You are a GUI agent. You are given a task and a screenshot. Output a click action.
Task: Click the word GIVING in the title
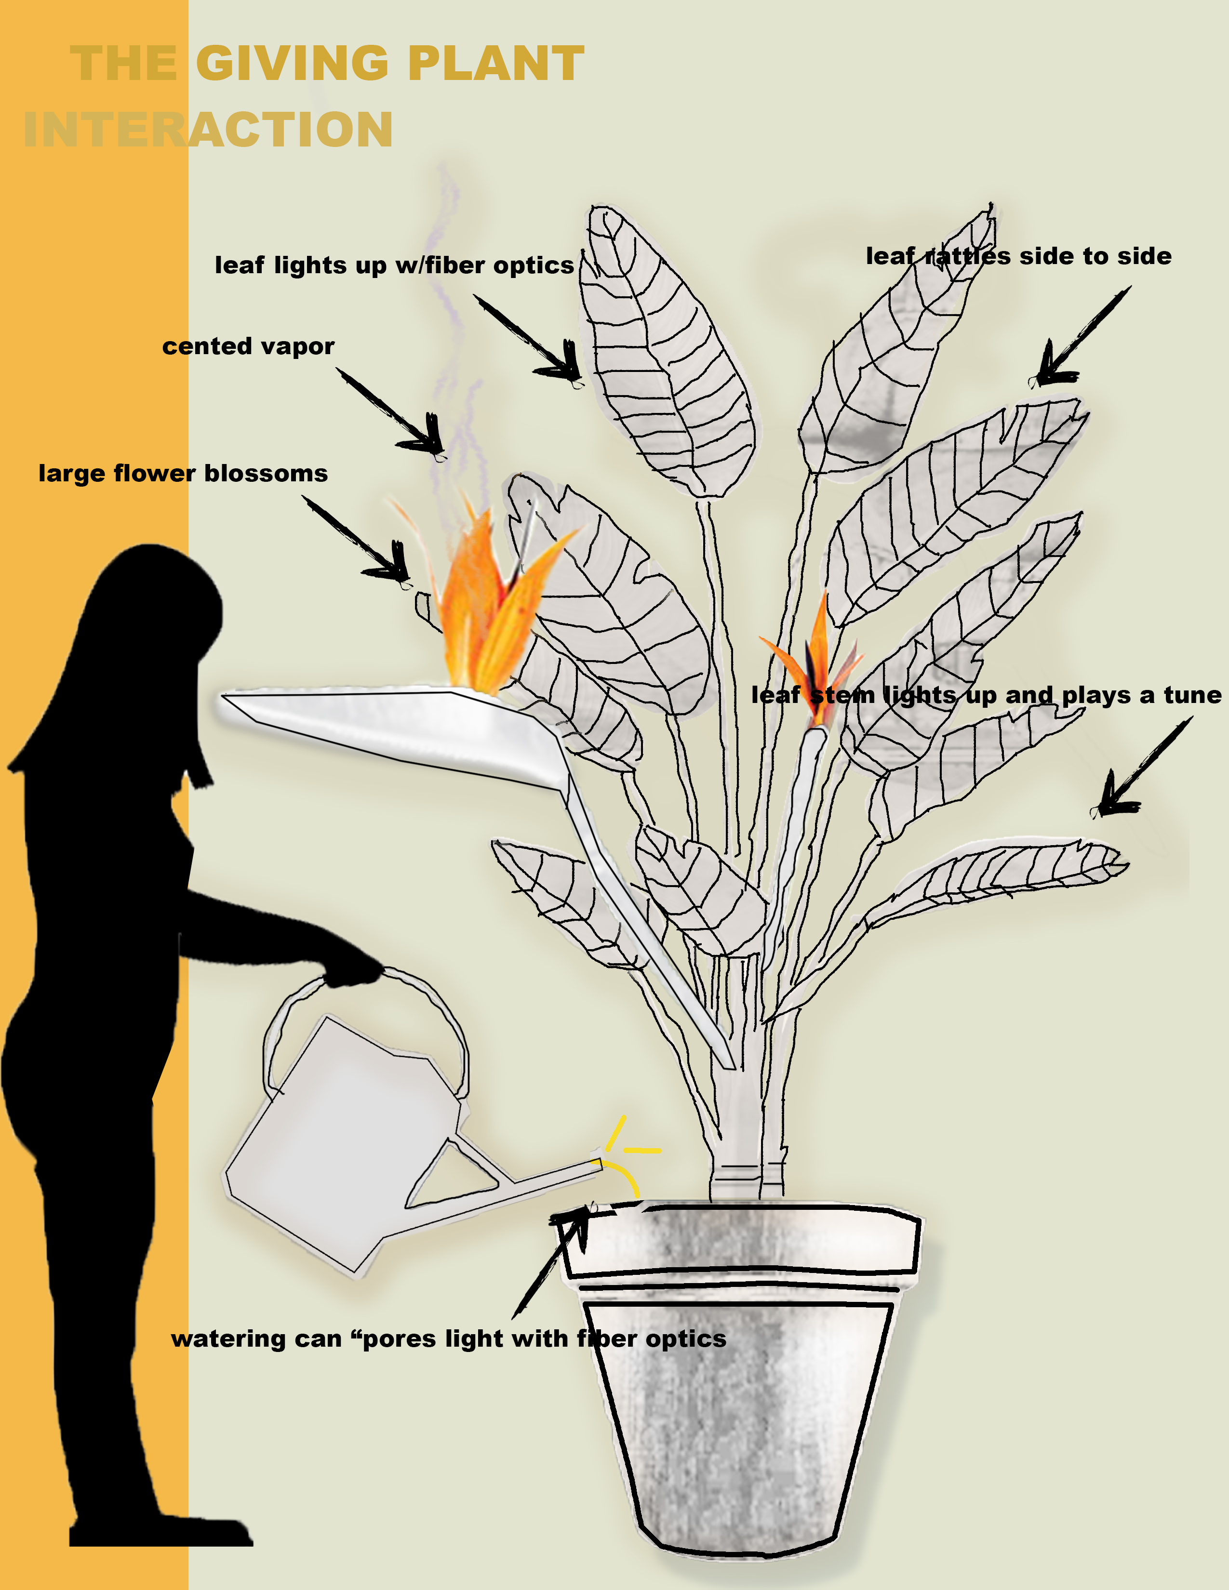pyautogui.click(x=293, y=63)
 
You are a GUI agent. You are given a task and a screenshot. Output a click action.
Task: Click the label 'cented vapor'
pyautogui.click(x=248, y=346)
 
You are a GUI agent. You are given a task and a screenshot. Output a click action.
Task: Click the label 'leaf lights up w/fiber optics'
pyautogui.click(x=394, y=265)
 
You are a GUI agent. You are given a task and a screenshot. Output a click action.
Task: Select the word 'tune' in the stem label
pyautogui.click(x=1192, y=695)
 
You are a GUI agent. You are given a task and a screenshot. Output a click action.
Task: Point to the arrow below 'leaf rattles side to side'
pyautogui.click(x=1081, y=336)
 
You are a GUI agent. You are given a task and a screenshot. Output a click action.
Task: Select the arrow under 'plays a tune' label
pyautogui.click(x=1142, y=766)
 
